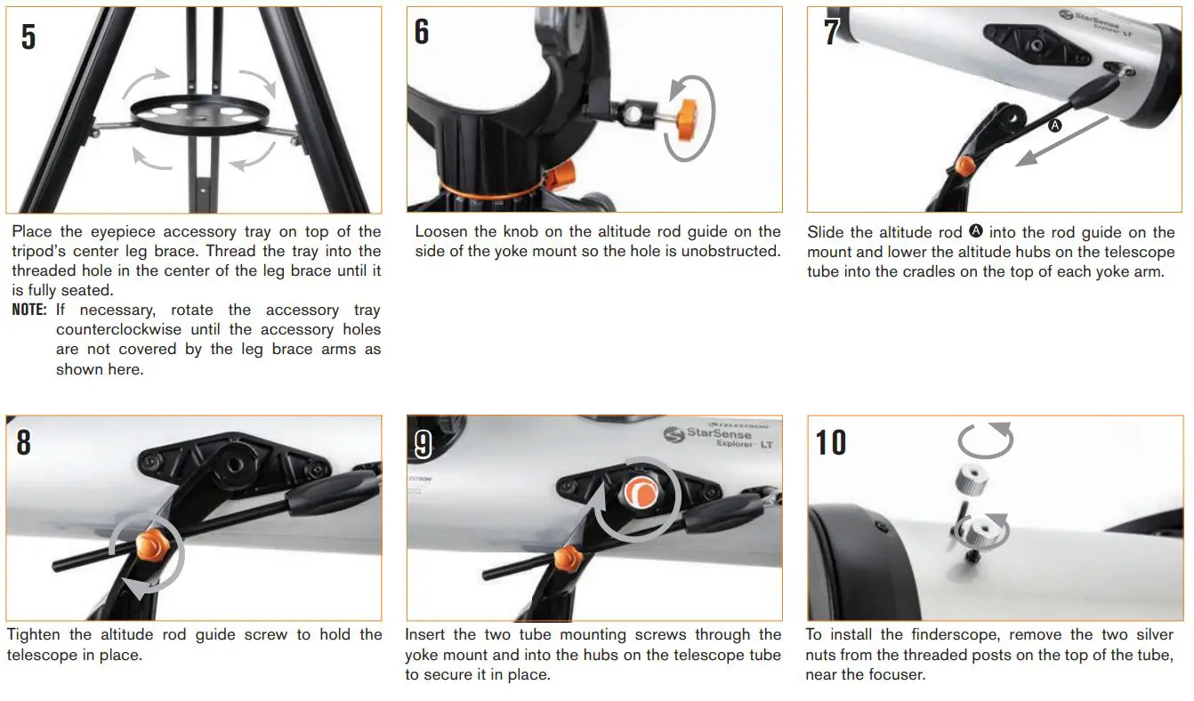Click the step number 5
[28, 36]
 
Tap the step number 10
[831, 442]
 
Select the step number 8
[24, 442]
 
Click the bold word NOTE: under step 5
[29, 310]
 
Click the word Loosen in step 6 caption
[441, 232]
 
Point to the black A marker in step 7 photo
[1055, 126]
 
